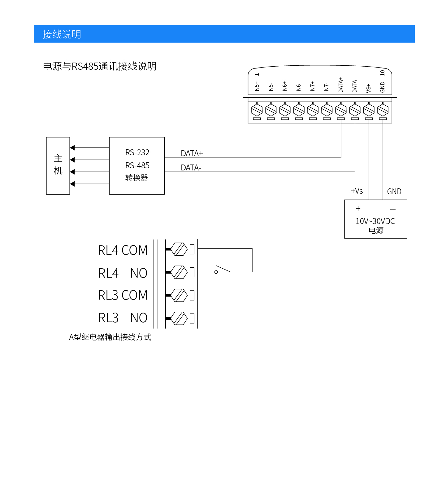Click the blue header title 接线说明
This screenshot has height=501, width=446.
pos(62,34)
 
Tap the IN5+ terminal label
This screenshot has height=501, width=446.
pos(257,87)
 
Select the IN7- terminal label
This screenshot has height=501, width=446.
pos(327,87)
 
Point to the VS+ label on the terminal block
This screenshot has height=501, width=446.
pos(369,88)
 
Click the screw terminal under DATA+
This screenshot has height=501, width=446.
pos(341,110)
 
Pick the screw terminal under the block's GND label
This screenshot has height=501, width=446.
pos(383,110)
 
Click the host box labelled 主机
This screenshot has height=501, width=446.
pos(58,165)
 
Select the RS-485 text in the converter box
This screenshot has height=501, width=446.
pos(137,165)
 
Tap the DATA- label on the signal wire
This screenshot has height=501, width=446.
pos(191,168)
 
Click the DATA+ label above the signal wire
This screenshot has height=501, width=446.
pos(192,153)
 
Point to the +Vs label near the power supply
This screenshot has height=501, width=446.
pos(357,191)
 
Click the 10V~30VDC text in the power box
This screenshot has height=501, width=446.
pos(375,221)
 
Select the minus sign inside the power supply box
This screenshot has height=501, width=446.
pos(393,209)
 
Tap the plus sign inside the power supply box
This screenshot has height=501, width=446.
pos(358,209)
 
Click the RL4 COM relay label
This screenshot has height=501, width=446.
pos(123,250)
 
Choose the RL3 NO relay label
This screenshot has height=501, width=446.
pos(123,318)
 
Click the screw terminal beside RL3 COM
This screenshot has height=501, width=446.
pos(179,295)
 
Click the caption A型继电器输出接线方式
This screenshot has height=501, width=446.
pos(110,337)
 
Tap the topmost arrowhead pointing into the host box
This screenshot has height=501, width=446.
pos(72,148)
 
